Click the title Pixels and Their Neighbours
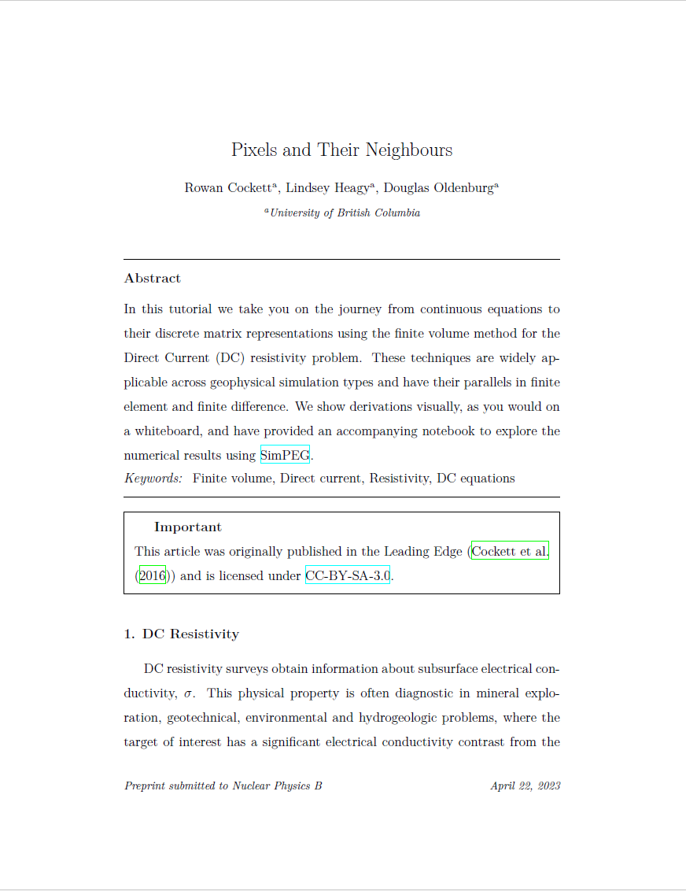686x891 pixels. [x=341, y=150]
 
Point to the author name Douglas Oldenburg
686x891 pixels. [x=439, y=188]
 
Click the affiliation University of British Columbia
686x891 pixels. [x=345, y=213]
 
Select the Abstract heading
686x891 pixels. [x=153, y=278]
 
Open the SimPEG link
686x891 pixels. [x=285, y=455]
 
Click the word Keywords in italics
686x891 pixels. [x=153, y=479]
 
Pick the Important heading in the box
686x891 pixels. [x=188, y=527]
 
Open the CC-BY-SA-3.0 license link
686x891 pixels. [x=348, y=575]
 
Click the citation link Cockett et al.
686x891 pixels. [x=509, y=552]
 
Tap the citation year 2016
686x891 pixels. [x=153, y=575]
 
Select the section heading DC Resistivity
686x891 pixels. [x=191, y=634]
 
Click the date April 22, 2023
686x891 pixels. [x=525, y=786]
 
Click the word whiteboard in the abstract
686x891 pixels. [x=168, y=431]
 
